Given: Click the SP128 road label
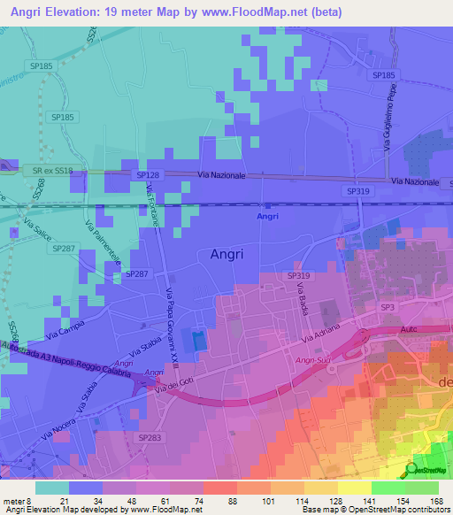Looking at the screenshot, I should (x=147, y=176).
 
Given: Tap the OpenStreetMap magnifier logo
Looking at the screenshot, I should (x=412, y=470).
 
